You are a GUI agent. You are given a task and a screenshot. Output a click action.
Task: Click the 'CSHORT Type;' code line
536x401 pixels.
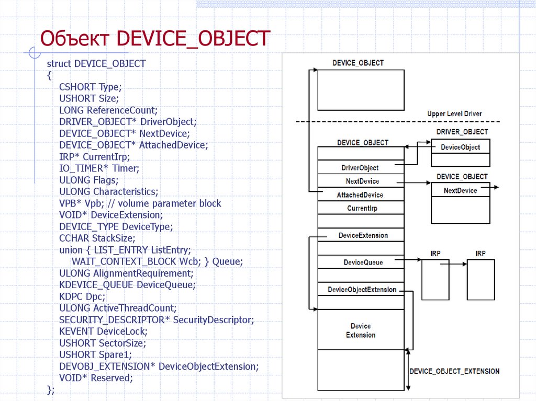point(90,87)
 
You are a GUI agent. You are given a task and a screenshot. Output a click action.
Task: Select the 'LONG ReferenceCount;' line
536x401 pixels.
point(108,110)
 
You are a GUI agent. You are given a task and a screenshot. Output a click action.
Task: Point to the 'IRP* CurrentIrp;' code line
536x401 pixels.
point(94,156)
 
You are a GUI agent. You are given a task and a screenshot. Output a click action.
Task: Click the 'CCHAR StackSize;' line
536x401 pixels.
point(97,238)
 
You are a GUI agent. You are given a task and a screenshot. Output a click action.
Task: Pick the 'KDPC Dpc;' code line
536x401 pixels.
point(82,296)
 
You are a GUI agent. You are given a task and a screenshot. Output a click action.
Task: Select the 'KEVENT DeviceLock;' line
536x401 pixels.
point(103,331)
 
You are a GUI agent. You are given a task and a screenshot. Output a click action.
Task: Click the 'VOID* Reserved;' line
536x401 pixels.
point(96,377)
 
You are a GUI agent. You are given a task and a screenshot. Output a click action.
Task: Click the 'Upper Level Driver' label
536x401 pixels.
point(454,113)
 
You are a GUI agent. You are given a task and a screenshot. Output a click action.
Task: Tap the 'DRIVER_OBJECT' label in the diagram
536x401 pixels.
point(462,132)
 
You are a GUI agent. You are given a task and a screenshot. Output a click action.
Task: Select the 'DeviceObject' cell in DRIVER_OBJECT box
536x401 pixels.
point(460,147)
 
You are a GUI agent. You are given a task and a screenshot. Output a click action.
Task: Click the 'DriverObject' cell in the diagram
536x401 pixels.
point(360,168)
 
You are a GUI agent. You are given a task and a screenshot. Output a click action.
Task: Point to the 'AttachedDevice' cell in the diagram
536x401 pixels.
point(360,194)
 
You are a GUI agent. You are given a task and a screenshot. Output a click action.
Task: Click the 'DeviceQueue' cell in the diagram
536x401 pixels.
point(363,262)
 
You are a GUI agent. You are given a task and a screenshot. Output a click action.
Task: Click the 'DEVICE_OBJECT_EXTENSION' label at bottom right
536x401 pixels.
point(454,371)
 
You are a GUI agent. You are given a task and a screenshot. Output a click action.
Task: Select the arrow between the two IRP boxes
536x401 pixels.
point(452,264)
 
